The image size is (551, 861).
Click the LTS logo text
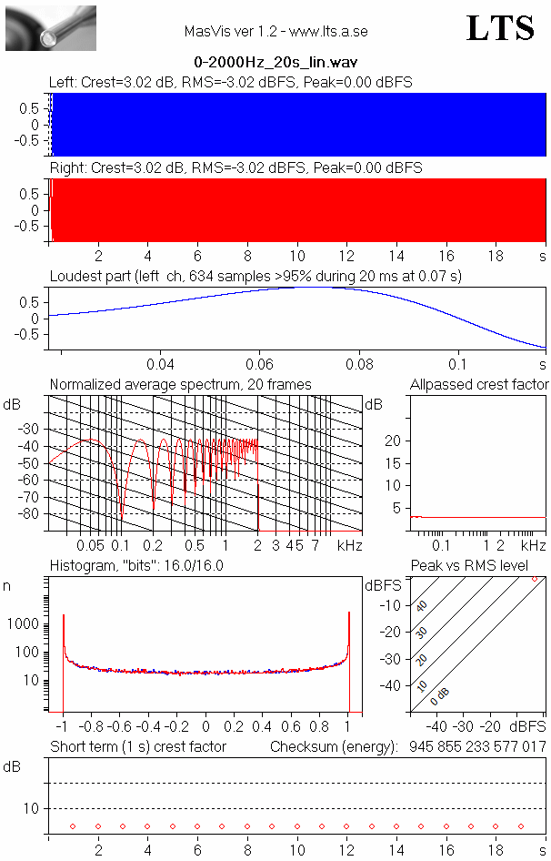click(500, 28)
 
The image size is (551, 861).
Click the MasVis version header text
click(275, 31)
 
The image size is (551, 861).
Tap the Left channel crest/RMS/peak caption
click(231, 82)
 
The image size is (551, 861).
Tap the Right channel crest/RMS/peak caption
click(235, 168)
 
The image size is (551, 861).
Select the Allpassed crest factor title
click(479, 384)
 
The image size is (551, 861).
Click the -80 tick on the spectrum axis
click(35, 514)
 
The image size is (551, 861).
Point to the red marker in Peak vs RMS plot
click(535, 579)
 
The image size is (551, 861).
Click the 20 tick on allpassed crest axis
click(395, 441)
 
